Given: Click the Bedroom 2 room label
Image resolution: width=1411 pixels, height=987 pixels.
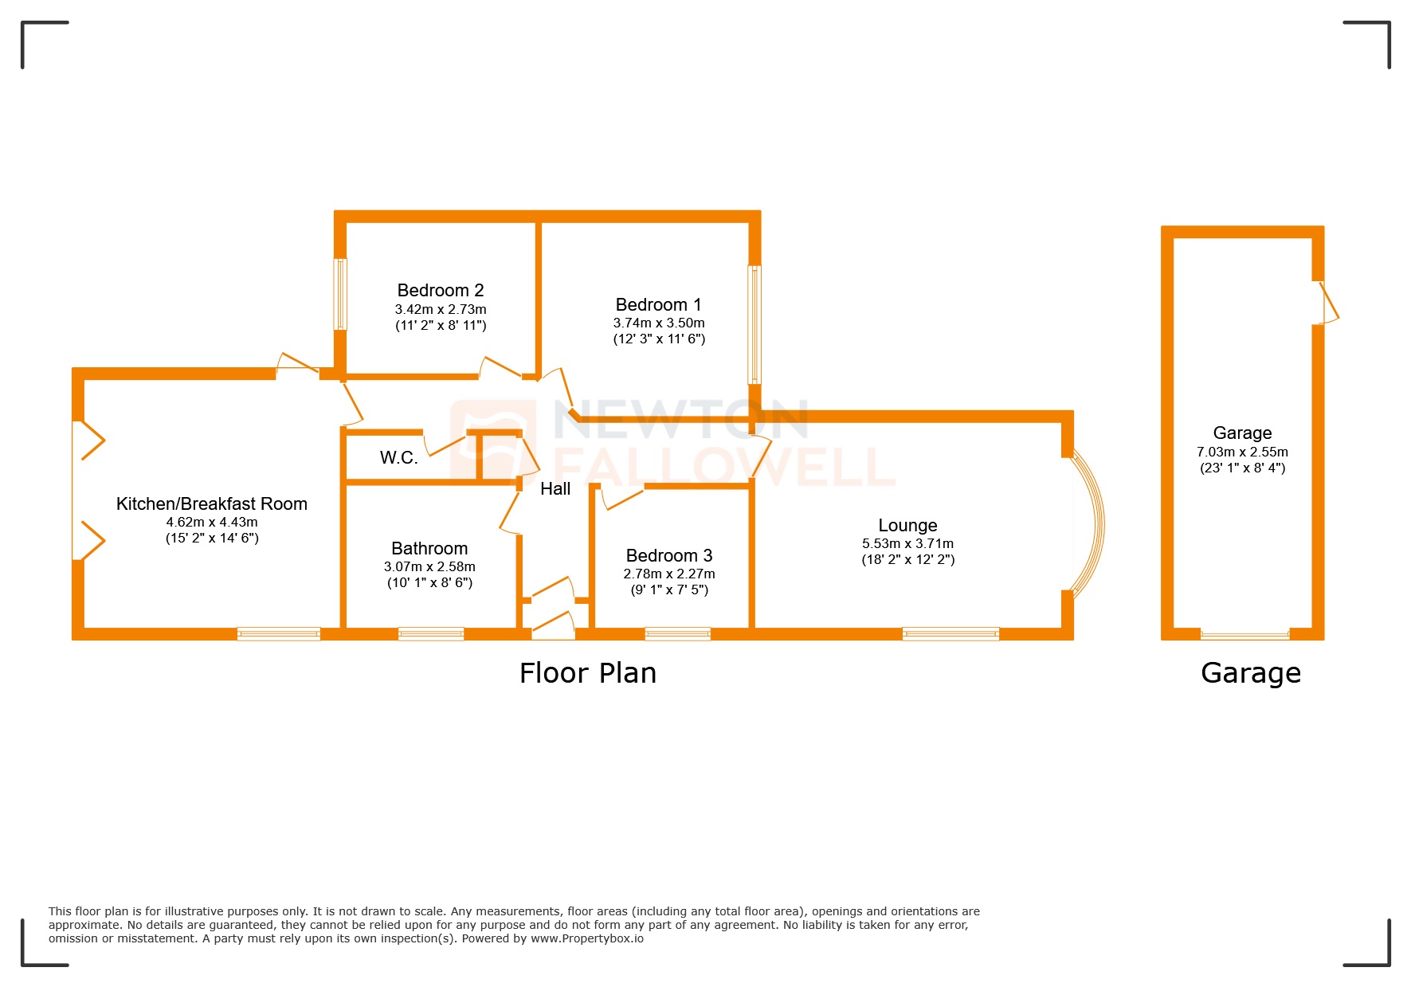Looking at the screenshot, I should tap(441, 291).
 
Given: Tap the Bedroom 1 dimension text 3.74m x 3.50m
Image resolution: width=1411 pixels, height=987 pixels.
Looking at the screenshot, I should tap(659, 323).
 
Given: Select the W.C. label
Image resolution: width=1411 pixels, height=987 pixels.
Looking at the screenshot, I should tap(398, 457).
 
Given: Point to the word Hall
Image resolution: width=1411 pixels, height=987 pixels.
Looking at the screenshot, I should tap(555, 489).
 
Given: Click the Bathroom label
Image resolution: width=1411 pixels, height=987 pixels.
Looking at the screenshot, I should tap(429, 548).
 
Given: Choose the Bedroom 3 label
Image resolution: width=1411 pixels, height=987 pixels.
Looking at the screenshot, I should tap(669, 555).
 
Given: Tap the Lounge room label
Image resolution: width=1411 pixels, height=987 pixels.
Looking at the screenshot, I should tap(907, 526).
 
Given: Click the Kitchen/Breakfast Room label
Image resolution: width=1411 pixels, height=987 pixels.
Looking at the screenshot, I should tap(212, 503).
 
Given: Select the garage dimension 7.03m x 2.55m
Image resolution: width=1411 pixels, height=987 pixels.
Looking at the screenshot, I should tap(1242, 452).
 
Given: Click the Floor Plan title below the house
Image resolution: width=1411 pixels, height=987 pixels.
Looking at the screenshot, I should tap(588, 673).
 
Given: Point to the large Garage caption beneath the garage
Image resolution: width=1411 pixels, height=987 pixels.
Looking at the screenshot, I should tap(1251, 673).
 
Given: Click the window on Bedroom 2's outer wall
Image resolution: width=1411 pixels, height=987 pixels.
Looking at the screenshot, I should tap(340, 293).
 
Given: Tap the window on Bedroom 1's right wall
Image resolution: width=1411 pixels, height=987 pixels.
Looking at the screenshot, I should tap(754, 324).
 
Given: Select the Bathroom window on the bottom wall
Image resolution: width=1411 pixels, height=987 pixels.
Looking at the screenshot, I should tap(431, 634).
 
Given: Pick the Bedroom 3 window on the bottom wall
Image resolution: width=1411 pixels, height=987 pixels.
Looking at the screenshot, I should tap(677, 634).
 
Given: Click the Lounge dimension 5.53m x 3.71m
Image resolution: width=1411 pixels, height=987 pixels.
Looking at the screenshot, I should tap(907, 543).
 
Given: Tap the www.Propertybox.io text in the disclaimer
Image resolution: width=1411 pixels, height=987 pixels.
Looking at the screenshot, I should tap(587, 938).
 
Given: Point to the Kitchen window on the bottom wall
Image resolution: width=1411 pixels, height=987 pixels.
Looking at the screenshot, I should tap(279, 634).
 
